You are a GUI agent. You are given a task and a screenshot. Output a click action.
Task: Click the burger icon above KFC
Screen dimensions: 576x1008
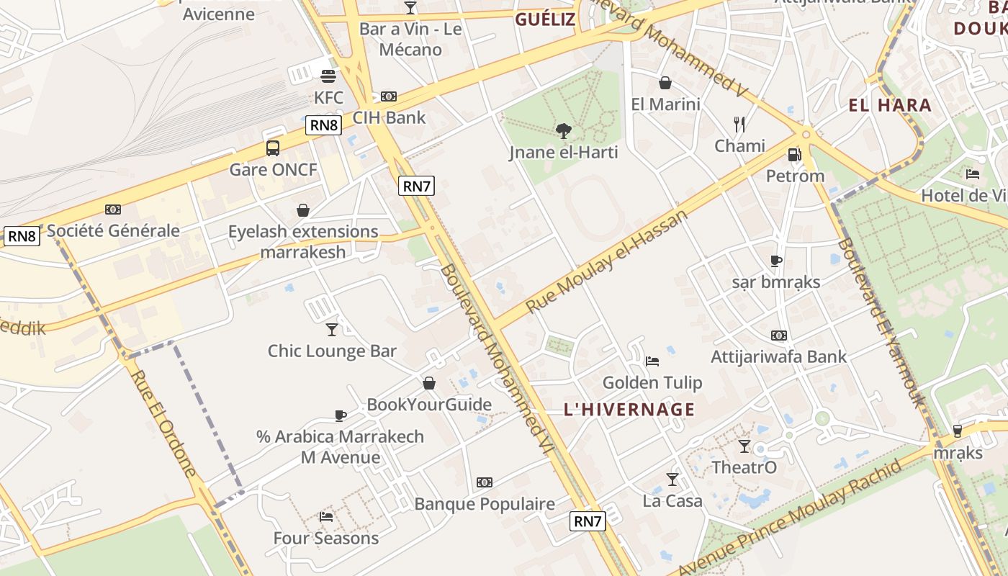328,76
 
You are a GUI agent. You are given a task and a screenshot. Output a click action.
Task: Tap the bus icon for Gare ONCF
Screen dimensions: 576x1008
273,148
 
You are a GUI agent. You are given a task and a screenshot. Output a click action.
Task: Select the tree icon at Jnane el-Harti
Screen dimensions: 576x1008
564,130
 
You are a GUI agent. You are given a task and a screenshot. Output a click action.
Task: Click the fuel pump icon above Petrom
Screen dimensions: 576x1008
794,154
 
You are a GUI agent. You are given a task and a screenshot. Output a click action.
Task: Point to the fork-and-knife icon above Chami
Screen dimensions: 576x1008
739,124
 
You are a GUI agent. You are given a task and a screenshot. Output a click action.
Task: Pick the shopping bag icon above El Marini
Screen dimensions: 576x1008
665,83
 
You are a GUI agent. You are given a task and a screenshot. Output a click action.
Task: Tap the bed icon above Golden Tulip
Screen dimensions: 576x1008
652,361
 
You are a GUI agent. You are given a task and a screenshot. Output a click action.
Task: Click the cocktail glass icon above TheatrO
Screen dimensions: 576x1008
744,446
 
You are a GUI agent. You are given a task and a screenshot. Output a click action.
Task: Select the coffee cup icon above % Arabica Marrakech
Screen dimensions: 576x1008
341,415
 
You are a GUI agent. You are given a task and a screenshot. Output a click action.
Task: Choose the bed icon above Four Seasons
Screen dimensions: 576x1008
326,516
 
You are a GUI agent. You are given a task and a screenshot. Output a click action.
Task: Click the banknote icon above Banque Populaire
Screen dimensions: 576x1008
485,482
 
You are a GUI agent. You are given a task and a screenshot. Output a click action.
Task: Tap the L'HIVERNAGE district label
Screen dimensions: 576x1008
629,410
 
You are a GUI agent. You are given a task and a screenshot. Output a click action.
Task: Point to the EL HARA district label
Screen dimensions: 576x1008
890,106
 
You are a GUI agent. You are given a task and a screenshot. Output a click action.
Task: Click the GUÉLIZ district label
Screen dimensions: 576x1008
545,19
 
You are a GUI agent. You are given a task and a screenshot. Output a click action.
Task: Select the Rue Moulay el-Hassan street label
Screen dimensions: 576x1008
607,261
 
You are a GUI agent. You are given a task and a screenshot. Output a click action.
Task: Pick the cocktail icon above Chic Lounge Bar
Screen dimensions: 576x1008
332,329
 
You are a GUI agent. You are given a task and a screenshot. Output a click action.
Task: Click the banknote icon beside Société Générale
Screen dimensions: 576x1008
113,210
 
